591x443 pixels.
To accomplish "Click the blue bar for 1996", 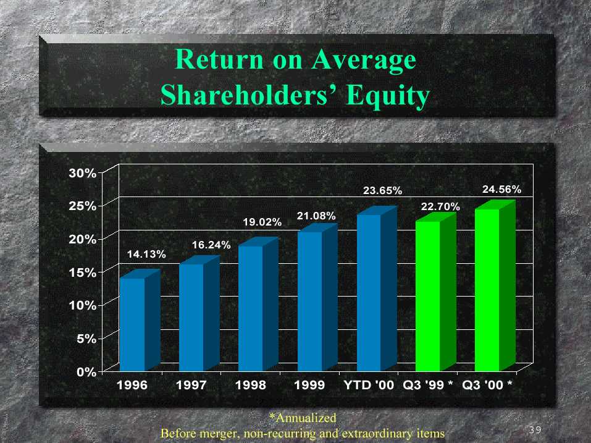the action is [140, 321].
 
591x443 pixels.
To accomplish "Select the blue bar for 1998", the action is [259, 304].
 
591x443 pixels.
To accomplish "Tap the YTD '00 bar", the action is [377, 289].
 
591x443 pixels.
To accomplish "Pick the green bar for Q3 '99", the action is [436, 292].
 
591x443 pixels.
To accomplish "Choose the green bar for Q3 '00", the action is [495, 286].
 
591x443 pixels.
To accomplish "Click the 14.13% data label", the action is [146, 254].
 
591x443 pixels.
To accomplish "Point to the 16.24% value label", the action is [211, 245].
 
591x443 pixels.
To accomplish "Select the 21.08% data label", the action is [316, 216].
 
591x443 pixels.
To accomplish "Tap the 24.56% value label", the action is [501, 189].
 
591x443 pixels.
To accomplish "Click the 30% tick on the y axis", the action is [82, 173].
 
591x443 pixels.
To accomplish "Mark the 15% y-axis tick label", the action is [82, 272].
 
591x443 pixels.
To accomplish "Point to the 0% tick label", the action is [86, 372].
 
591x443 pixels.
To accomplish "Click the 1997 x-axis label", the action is [191, 385].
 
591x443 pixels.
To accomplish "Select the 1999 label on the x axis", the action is [309, 385].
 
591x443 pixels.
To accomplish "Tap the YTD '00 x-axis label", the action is [369, 385].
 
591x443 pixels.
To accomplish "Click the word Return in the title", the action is [219, 59].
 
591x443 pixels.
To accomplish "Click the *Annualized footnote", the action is [303, 418].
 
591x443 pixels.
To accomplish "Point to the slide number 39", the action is [535, 430].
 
